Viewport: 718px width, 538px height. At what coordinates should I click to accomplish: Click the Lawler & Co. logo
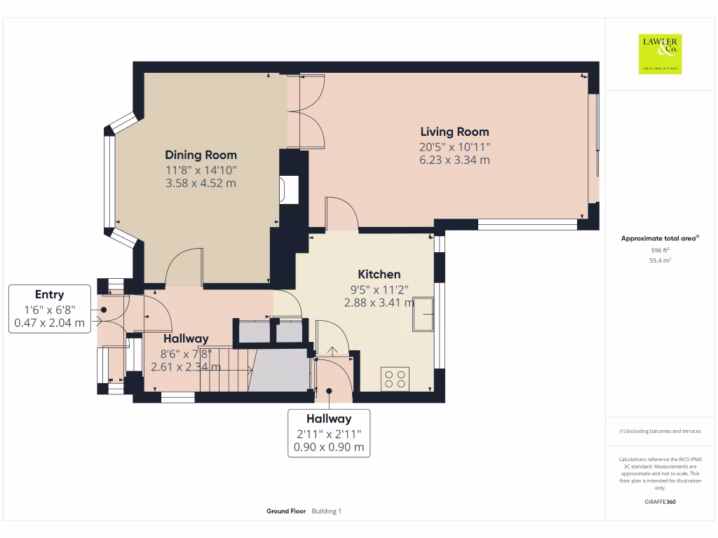660,54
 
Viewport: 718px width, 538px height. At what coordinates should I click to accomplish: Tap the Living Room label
454,132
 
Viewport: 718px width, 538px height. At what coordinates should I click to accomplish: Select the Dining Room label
201,155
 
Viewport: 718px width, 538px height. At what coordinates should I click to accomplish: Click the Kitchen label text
379,274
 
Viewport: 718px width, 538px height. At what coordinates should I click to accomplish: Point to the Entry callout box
50,309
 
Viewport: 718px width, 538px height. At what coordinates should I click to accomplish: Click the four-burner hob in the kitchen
395,379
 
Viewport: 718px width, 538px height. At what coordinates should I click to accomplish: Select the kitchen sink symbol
424,315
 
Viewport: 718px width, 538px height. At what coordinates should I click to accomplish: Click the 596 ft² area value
660,249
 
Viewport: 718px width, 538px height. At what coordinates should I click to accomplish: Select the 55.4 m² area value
660,261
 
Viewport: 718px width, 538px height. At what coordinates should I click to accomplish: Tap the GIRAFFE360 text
660,502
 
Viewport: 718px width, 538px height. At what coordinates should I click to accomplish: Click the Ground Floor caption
285,511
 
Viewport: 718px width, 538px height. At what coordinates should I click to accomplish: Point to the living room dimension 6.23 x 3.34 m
454,160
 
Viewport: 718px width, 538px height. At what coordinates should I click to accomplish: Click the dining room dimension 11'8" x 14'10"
201,170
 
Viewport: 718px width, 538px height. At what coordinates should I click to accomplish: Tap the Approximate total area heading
659,239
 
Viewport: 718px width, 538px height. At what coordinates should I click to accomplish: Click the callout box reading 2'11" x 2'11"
329,433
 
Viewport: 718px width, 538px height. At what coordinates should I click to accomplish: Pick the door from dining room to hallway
185,269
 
